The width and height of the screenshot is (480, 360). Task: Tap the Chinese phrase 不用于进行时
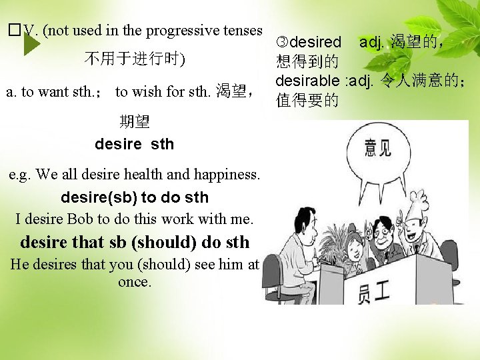pyautogui.click(x=134, y=59)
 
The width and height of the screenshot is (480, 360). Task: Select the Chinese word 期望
pyautogui.click(x=135, y=121)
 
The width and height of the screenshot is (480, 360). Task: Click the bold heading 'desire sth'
pyautogui.click(x=134, y=144)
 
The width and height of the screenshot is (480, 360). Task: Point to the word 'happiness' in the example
pyautogui.click(x=227, y=175)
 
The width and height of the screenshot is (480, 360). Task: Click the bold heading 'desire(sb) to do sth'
pyautogui.click(x=134, y=197)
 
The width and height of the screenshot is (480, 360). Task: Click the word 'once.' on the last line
pyautogui.click(x=134, y=282)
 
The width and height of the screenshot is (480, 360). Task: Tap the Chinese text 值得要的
pyautogui.click(x=307, y=101)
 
